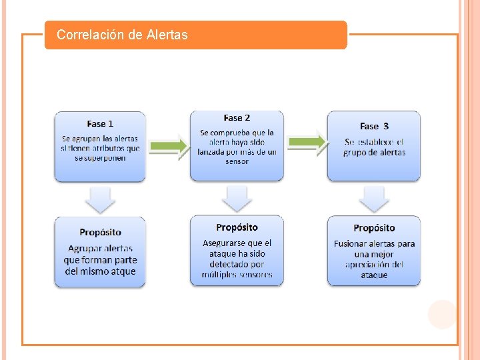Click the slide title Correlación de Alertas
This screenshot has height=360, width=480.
point(122,35)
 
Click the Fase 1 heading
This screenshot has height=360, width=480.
point(100,123)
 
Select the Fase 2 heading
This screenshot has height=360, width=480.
point(237,118)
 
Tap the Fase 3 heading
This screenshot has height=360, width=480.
point(374,126)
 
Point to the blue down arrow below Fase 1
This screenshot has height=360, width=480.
point(100,199)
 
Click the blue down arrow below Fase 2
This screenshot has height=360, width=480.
point(237,198)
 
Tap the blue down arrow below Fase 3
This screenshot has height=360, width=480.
point(374,198)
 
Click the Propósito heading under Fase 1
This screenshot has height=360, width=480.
point(100,232)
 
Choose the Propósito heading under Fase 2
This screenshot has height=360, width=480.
point(237,228)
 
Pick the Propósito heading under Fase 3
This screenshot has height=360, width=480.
point(374,228)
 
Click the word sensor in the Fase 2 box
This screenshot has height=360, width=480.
point(237,161)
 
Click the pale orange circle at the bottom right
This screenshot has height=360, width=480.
point(441,314)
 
